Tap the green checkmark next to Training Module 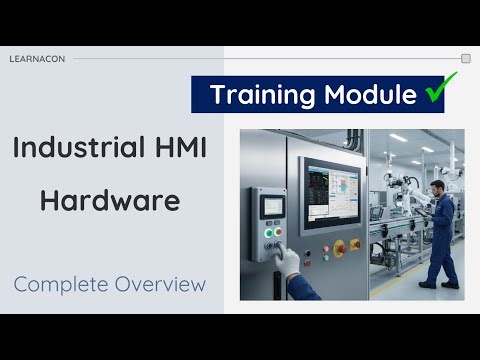435,94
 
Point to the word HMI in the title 181,150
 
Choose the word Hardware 110,200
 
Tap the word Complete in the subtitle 62,284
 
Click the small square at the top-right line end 465,59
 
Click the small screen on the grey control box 273,207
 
